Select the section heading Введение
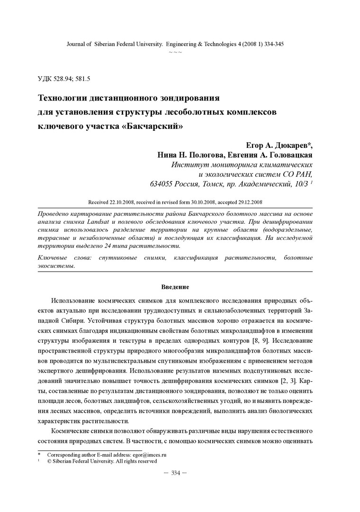click(x=175, y=287)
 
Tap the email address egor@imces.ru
click(x=153, y=454)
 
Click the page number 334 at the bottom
click(x=175, y=473)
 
